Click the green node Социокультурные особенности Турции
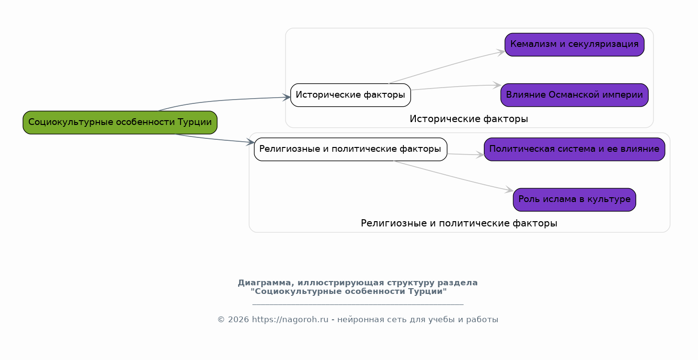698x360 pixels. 120,123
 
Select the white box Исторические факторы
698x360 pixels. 350,95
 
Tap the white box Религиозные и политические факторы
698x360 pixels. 350,149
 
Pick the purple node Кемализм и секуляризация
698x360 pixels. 574,45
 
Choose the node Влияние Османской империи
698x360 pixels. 574,95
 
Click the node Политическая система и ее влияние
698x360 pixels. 574,149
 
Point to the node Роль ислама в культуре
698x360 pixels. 574,200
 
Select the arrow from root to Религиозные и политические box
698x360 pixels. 216,139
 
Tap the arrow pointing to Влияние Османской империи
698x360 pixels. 455,87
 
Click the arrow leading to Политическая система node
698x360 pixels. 465,154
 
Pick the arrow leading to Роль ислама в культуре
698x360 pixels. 455,177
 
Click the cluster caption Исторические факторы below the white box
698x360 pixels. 469,119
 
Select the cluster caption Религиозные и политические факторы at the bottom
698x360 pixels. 458,224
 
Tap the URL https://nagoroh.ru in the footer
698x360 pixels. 290,320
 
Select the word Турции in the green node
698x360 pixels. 195,123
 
